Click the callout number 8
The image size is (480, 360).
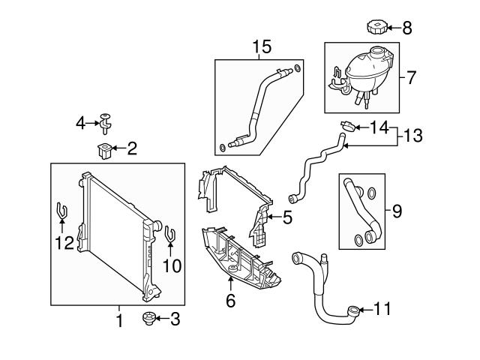407,29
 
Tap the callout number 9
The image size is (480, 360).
397,211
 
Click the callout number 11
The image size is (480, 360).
382,308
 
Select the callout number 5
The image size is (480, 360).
288,218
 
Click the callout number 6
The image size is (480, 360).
230,301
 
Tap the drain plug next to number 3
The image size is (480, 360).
148,320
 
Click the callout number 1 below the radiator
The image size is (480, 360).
118,321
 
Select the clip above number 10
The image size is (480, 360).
169,235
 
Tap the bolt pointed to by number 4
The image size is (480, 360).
106,119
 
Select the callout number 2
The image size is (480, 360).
131,149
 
